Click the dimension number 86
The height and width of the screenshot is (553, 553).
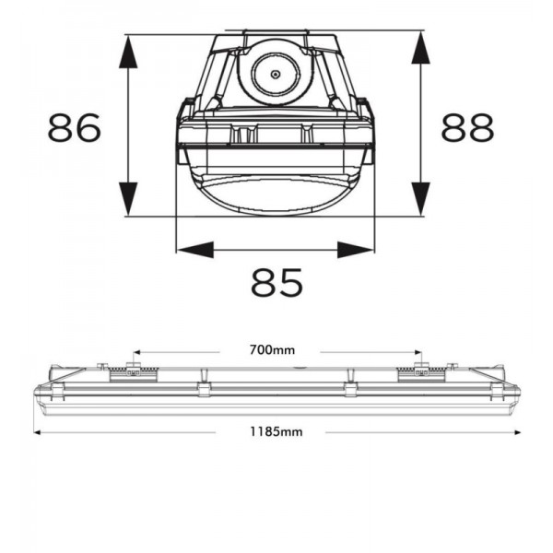(x=75, y=127)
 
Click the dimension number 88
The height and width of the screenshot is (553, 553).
(x=467, y=127)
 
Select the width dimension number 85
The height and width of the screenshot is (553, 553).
(x=276, y=282)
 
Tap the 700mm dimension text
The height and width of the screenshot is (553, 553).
(x=272, y=350)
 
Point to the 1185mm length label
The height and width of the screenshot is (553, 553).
(x=276, y=431)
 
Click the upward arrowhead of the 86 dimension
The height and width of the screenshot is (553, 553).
(x=128, y=52)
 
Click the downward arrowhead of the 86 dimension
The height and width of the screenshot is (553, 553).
(x=128, y=198)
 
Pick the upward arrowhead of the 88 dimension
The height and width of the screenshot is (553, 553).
(x=421, y=48)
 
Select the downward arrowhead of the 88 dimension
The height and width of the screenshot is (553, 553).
(x=421, y=198)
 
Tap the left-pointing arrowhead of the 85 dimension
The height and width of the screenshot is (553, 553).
(x=195, y=250)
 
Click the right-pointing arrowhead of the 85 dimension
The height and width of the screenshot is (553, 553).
(x=355, y=250)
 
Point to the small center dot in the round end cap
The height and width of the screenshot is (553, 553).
(x=275, y=75)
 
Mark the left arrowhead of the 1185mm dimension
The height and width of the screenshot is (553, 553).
(x=38, y=432)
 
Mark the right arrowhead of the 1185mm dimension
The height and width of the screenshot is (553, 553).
(x=517, y=432)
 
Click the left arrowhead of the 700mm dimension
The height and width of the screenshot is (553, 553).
(x=136, y=352)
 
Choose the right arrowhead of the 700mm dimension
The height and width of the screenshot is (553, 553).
(x=418, y=352)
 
